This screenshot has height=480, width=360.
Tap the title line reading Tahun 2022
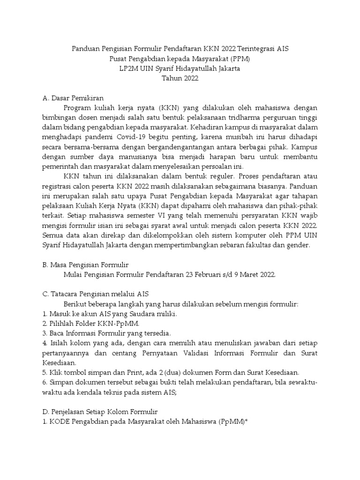(x=180, y=79)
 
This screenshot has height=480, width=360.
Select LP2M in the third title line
(x=129, y=69)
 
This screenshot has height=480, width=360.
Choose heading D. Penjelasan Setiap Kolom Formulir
(x=99, y=412)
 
